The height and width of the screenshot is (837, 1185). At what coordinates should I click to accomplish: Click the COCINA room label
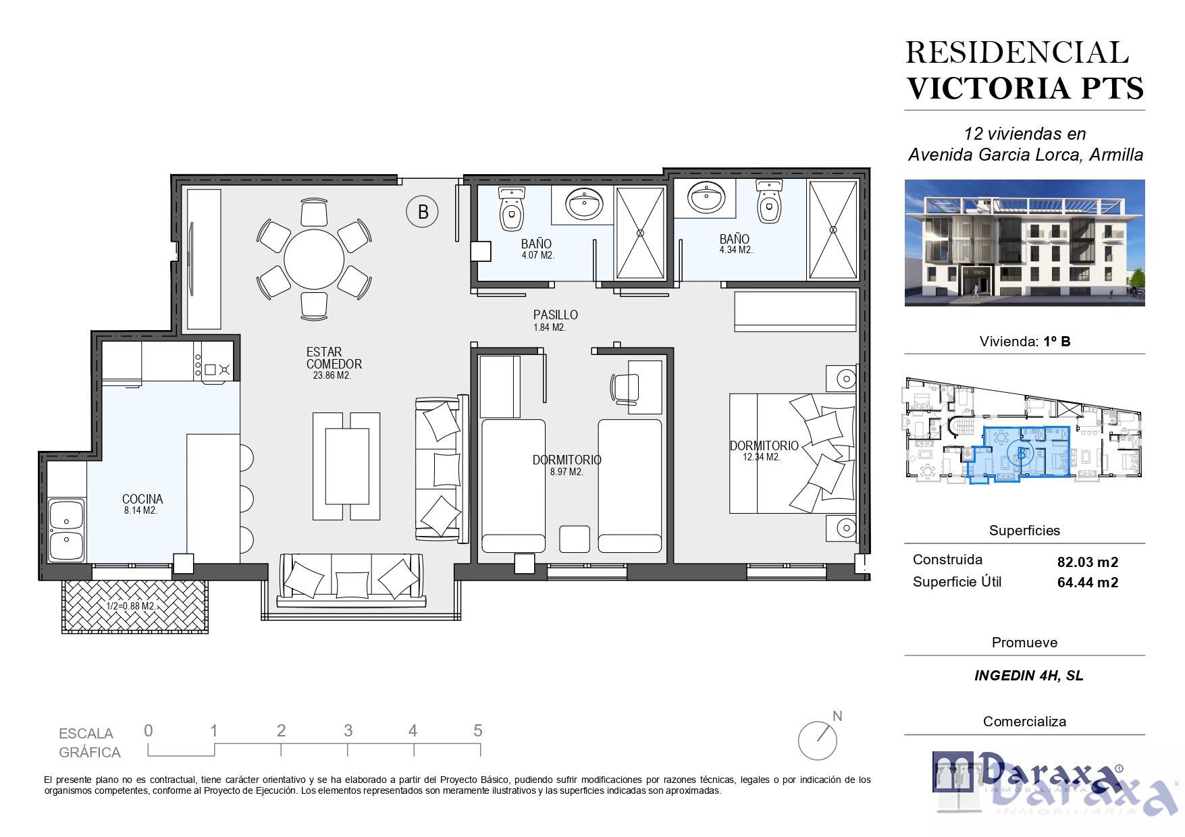tap(142, 499)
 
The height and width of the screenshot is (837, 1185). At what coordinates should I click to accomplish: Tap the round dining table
tap(314, 259)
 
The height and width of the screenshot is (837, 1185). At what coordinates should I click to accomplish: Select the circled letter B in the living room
tap(422, 212)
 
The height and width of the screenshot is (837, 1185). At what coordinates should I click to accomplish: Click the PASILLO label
tap(555, 315)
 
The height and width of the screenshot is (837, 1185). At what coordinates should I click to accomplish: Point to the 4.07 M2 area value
tap(538, 255)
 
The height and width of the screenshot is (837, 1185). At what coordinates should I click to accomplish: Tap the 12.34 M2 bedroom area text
tap(762, 457)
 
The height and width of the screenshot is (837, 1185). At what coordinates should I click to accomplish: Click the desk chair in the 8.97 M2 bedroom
tap(622, 388)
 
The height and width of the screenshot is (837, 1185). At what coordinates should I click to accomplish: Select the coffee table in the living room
tap(347, 466)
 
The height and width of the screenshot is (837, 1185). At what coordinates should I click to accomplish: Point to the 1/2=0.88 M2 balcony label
tap(131, 606)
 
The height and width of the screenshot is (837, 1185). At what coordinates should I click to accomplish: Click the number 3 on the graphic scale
tap(348, 730)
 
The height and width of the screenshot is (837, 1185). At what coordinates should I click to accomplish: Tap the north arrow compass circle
tap(818, 740)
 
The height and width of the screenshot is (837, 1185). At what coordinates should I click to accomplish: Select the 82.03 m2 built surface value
tap(1088, 562)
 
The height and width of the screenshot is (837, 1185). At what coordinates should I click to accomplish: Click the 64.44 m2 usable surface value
tap(1088, 583)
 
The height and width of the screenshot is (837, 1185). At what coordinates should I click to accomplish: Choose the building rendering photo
tap(1024, 242)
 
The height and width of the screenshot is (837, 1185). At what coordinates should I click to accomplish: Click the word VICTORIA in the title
tap(988, 88)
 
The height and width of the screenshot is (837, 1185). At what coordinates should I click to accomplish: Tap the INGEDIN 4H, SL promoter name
tap(1029, 676)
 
